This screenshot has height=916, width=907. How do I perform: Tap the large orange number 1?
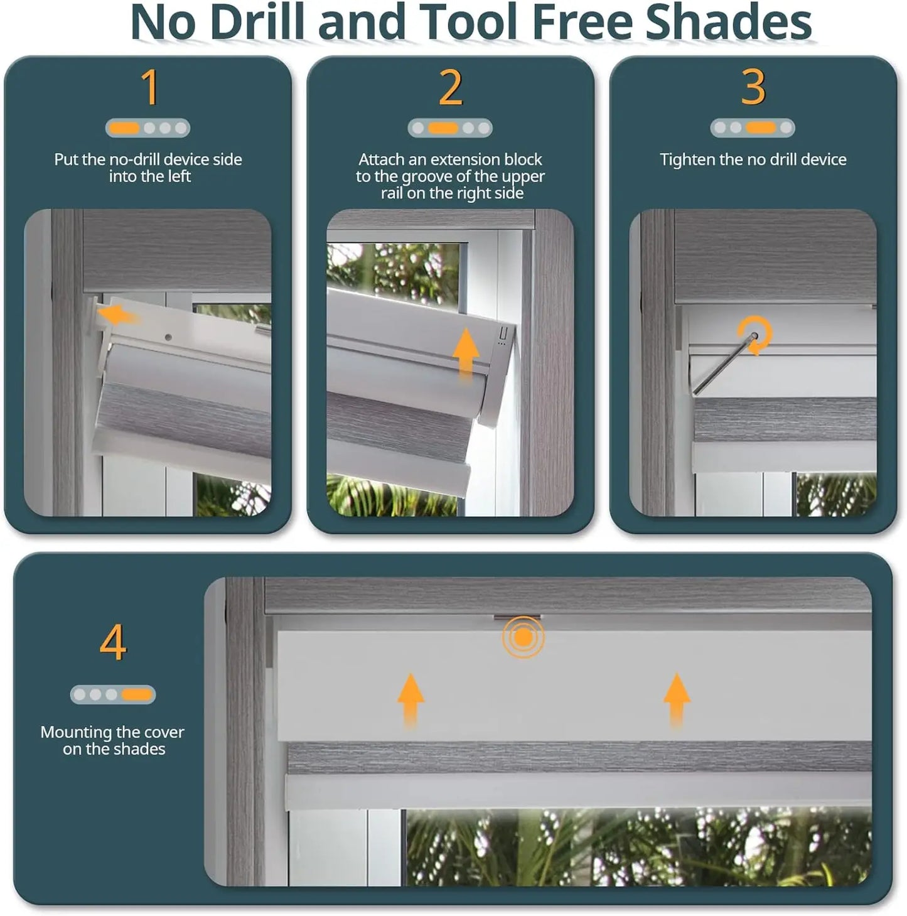pyautogui.click(x=149, y=87)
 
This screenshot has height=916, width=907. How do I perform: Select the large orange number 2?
pyautogui.click(x=451, y=87)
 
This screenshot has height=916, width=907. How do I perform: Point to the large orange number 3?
pyautogui.click(x=753, y=87)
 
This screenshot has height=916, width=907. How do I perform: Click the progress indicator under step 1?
pyautogui.click(x=148, y=128)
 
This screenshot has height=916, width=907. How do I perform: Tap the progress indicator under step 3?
pyautogui.click(x=753, y=128)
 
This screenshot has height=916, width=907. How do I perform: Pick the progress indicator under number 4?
pyautogui.click(x=112, y=694)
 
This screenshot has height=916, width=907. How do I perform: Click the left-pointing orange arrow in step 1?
pyautogui.click(x=118, y=315)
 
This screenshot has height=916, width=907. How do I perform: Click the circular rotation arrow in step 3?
pyautogui.click(x=754, y=334)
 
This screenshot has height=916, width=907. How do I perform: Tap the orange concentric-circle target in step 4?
pyautogui.click(x=523, y=637)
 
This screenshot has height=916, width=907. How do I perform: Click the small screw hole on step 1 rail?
pyautogui.click(x=168, y=337)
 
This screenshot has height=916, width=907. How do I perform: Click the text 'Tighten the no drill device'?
pyautogui.click(x=753, y=159)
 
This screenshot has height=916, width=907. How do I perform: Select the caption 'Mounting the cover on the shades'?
pyautogui.click(x=112, y=740)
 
